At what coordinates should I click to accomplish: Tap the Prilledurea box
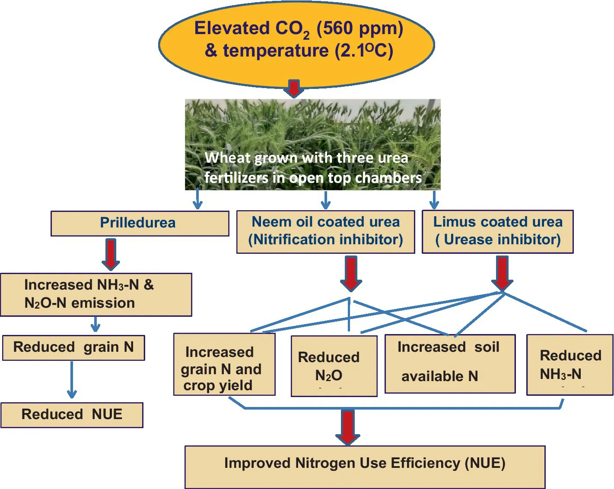(140, 223)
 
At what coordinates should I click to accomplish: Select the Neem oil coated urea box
(325, 231)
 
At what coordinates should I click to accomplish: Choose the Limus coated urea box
(497, 231)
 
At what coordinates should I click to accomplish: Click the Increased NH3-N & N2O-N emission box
(96, 294)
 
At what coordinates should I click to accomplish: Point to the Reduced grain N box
(73, 347)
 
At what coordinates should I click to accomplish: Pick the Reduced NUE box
(72, 415)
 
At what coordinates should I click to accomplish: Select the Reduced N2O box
(334, 366)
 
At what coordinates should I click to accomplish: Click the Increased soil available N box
(450, 363)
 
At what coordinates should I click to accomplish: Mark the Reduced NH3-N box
(569, 365)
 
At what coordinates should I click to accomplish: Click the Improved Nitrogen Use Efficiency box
(365, 467)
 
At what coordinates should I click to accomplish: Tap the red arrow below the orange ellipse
(294, 88)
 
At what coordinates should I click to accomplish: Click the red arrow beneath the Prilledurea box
(111, 254)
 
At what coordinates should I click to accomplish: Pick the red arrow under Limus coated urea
(502, 273)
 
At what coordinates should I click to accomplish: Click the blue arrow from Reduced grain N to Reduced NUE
(72, 380)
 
